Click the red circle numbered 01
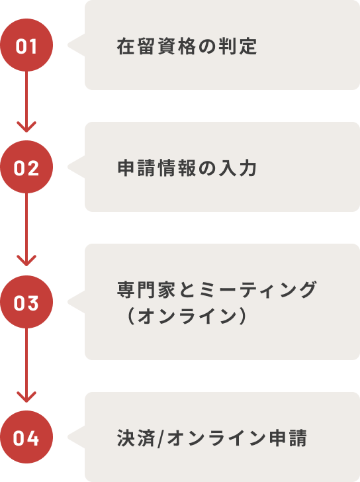point(26,45)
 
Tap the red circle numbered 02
point(26,167)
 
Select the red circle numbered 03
point(26,302)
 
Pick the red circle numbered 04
point(26,437)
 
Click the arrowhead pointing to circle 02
point(26,126)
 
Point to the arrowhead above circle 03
point(26,261)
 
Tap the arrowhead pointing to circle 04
point(26,397)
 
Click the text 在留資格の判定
point(187,46)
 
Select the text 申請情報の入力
point(187,168)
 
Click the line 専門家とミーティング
point(216,289)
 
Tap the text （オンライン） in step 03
point(187,316)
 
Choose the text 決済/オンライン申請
point(212,438)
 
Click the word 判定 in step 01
point(238,46)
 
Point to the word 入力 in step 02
point(238,168)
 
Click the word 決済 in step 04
point(136,438)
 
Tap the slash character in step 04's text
point(161,438)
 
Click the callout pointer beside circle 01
point(76,45)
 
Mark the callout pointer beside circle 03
point(76,302)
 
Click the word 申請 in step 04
point(288,438)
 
